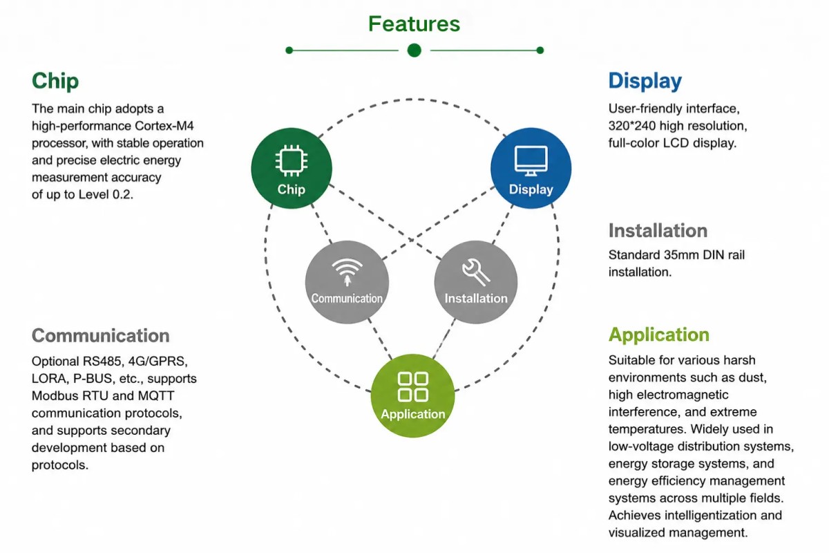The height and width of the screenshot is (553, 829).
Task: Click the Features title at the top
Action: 414,24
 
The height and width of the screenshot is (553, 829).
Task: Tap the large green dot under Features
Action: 414,50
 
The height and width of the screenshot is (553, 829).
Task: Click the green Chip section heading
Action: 55,81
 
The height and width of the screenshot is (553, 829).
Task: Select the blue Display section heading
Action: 645,81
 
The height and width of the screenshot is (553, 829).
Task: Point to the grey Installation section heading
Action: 658,230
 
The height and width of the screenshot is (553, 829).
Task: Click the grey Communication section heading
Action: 101,335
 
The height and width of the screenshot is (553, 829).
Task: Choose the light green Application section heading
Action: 659,335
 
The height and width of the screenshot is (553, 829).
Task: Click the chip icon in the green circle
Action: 292,161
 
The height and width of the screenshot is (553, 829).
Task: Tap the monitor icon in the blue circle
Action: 531,160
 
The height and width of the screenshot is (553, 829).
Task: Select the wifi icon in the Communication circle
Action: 347,272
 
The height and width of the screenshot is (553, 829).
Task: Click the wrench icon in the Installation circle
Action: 476,272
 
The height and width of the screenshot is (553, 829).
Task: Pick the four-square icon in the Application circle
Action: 413,387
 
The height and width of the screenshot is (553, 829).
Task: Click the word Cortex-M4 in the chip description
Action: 164,126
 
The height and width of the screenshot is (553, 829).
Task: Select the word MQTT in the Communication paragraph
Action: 156,395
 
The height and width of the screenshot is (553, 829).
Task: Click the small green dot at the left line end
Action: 289,50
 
